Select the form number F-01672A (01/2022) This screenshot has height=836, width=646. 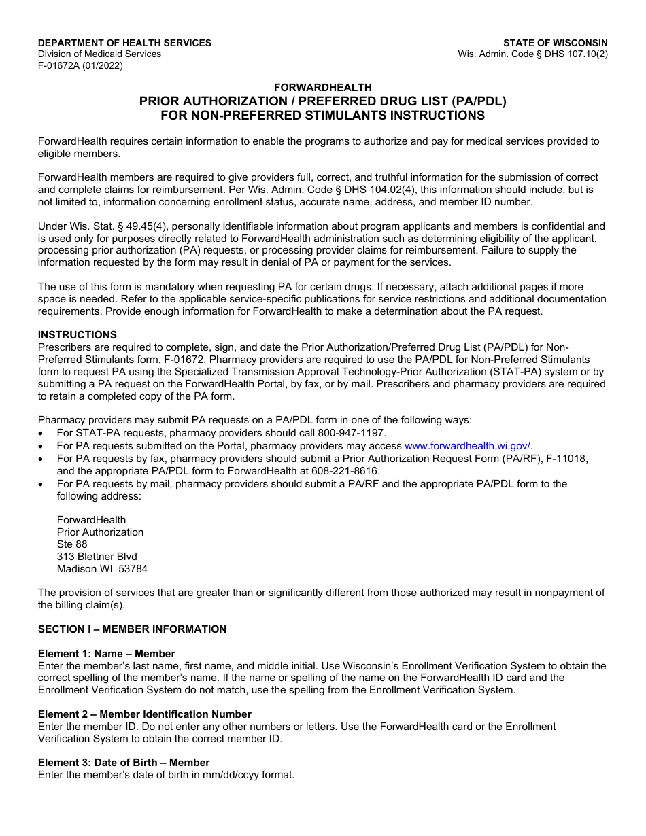[80, 66]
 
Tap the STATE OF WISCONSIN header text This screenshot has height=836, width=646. [555, 43]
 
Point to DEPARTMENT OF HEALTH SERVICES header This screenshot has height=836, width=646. [124, 43]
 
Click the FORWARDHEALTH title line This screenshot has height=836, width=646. [322, 87]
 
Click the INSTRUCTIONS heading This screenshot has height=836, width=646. [77, 335]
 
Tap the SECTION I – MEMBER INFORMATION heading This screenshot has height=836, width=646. [132, 629]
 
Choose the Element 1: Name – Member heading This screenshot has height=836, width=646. [106, 654]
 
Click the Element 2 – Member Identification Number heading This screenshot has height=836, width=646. [144, 714]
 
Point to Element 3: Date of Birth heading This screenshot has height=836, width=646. [123, 763]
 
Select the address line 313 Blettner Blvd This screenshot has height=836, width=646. [97, 557]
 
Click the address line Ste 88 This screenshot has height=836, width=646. [72, 544]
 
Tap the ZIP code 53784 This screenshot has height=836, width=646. [133, 569]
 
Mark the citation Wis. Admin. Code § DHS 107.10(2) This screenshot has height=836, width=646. [532, 54]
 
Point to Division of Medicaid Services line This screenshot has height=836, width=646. [99, 54]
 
